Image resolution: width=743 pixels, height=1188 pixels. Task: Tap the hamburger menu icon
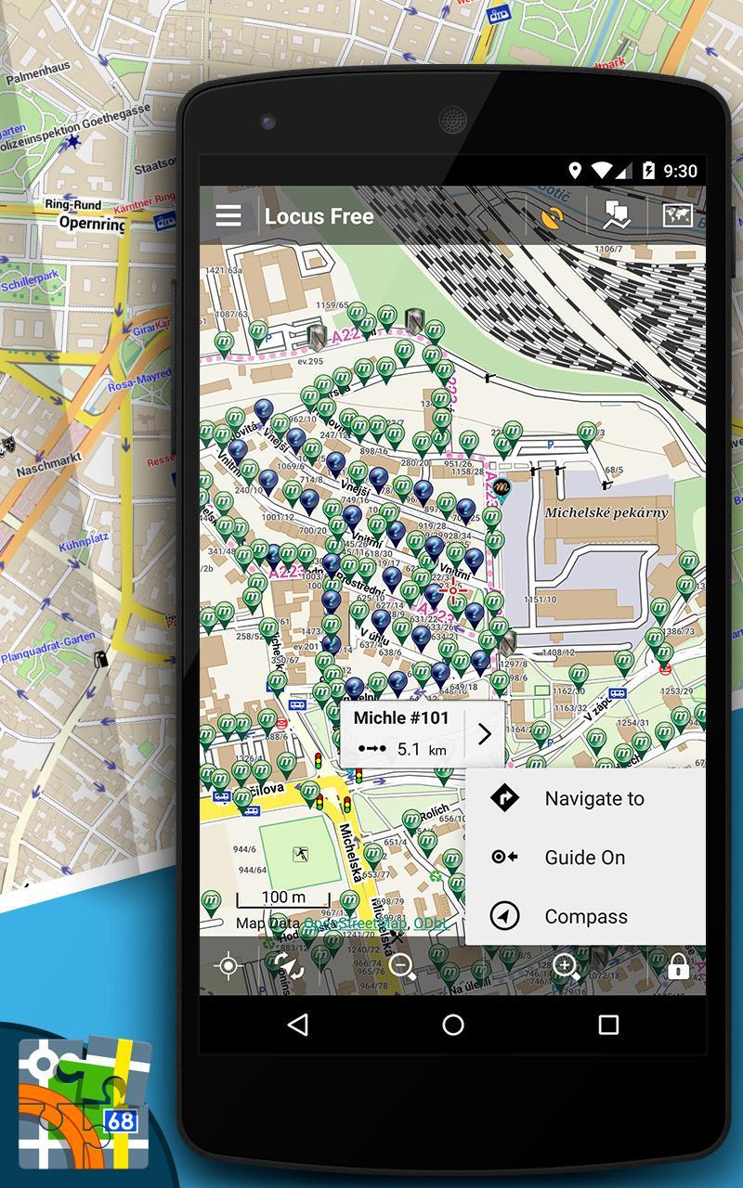(228, 216)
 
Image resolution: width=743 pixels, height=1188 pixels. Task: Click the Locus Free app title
(319, 216)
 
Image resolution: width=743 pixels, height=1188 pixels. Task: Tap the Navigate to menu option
(593, 798)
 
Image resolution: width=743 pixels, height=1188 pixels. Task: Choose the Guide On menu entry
(584, 858)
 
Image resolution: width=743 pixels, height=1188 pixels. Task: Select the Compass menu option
(586, 917)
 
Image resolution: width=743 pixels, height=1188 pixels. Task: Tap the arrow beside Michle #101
(484, 735)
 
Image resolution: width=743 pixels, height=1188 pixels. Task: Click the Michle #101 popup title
(401, 718)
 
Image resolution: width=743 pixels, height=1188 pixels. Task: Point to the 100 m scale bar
(283, 898)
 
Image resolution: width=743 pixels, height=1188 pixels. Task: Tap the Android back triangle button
(297, 1025)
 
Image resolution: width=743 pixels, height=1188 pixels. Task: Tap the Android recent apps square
(608, 1025)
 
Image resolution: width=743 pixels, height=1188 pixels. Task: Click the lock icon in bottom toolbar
(678, 967)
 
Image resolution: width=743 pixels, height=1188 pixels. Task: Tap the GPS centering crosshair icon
(228, 967)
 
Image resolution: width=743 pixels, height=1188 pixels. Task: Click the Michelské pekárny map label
(606, 512)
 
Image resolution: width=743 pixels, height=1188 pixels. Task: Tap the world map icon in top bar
(678, 215)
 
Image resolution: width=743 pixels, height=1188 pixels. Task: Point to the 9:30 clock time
(681, 171)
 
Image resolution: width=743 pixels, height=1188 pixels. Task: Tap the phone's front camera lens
(267, 122)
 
